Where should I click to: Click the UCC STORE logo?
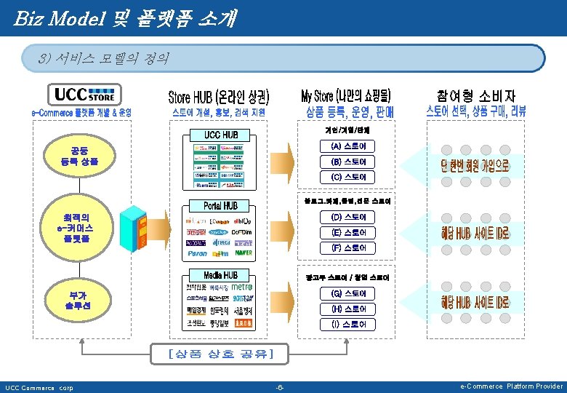[x=84, y=95]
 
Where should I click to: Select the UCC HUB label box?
[x=221, y=135]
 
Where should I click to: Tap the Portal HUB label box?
[x=221, y=205]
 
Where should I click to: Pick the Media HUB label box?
[x=221, y=275]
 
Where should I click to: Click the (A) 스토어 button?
[x=348, y=147]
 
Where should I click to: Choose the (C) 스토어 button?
[x=348, y=177]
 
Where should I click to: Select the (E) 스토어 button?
[x=348, y=232]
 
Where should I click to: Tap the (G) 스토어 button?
[x=348, y=293]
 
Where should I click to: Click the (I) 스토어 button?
[x=348, y=324]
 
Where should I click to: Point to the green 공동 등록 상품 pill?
[x=80, y=156]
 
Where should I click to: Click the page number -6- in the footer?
[x=280, y=386]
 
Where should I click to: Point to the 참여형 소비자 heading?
[x=476, y=95]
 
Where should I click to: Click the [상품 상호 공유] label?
[x=220, y=354]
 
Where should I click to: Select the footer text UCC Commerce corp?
[x=40, y=387]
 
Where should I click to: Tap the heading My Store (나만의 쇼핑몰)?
[x=346, y=95]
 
